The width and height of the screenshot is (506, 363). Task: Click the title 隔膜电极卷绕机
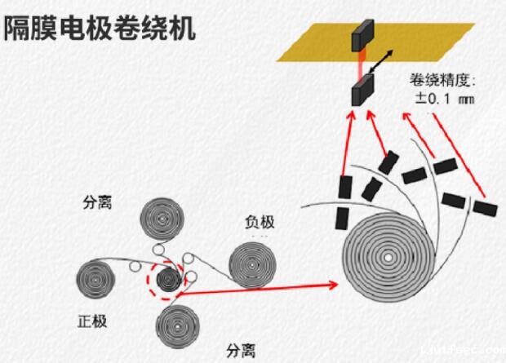click(100, 29)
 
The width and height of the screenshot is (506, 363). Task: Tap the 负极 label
click(260, 222)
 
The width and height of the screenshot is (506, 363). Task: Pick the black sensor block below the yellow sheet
click(362, 89)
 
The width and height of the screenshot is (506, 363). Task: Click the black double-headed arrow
click(386, 62)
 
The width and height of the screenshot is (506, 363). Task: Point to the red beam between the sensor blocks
click(361, 63)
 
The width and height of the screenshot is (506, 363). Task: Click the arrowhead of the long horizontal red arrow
click(334, 285)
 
